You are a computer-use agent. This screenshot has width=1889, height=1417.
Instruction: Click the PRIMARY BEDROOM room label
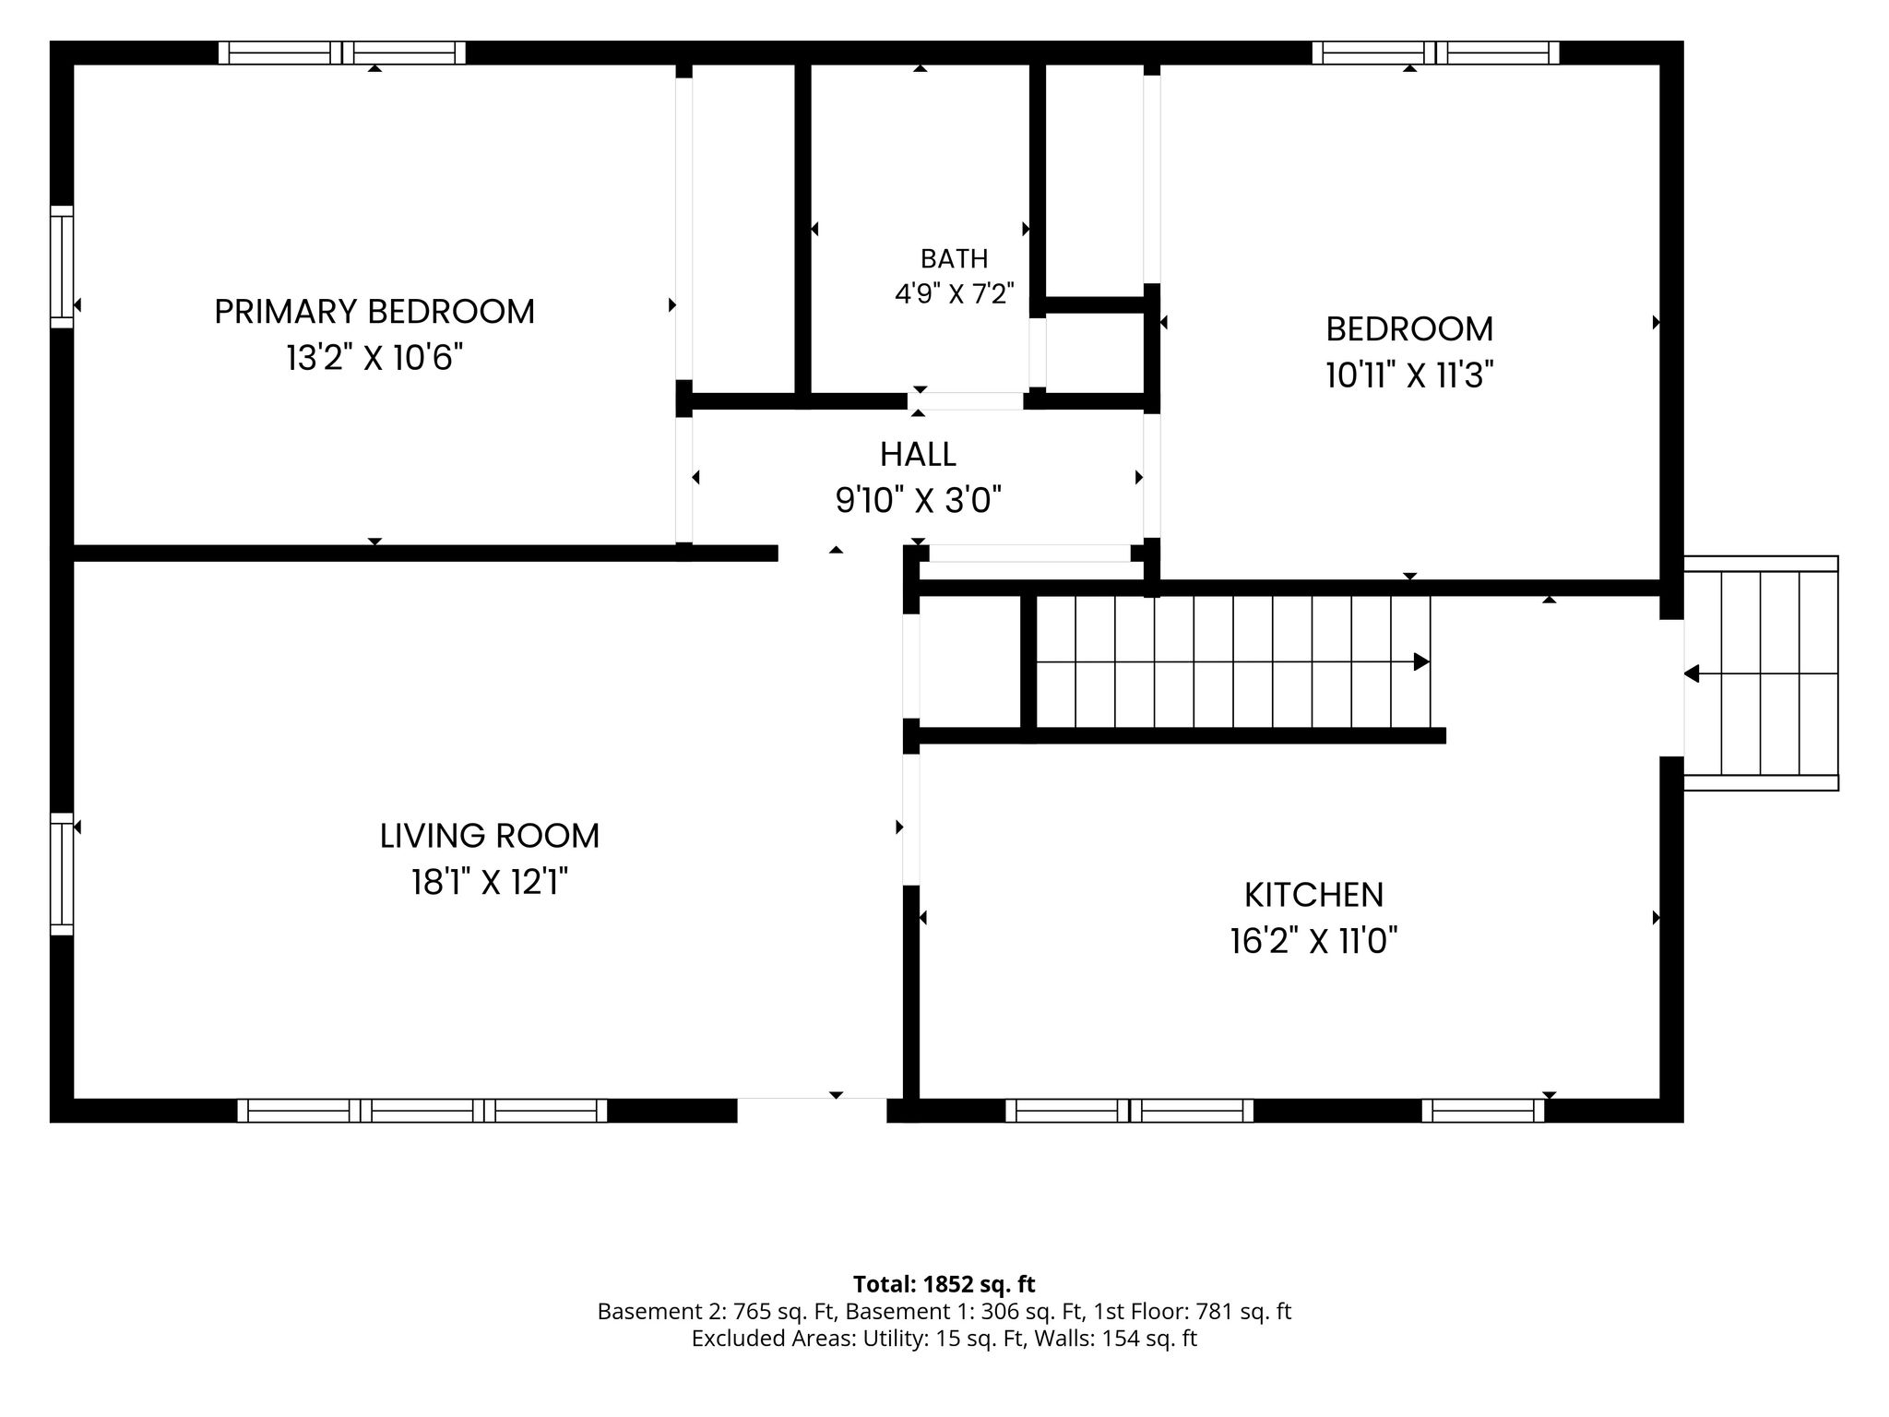(x=374, y=312)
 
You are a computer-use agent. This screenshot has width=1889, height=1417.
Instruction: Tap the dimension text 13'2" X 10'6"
(x=374, y=358)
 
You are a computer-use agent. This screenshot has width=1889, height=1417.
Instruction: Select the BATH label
(x=955, y=258)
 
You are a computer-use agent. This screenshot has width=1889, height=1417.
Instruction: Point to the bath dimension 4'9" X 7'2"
(x=955, y=293)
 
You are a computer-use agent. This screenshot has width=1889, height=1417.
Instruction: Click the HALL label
(x=918, y=454)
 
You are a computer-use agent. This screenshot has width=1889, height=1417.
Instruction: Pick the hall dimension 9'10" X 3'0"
(x=919, y=500)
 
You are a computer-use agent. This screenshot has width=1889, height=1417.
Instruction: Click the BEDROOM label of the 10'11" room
(x=1409, y=329)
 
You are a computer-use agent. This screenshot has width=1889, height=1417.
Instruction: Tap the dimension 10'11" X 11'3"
(x=1409, y=375)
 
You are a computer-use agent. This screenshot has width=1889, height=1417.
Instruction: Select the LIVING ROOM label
(x=490, y=836)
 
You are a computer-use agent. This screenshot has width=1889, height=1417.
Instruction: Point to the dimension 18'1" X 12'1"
(x=490, y=883)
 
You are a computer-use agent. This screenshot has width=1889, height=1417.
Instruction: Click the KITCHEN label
(x=1314, y=895)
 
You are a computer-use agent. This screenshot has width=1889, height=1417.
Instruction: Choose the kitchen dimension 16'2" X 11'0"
(x=1314, y=942)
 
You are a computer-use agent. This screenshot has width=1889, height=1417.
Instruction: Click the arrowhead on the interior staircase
(x=1422, y=662)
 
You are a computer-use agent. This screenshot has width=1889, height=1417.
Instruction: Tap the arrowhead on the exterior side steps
(x=1692, y=673)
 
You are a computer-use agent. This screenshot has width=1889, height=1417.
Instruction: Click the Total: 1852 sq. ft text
(x=944, y=1284)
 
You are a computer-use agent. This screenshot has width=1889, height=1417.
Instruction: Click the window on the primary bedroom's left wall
(x=61, y=267)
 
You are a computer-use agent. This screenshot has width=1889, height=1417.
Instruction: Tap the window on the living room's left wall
(x=61, y=874)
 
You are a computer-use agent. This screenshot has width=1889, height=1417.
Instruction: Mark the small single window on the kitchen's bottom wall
(x=1483, y=1111)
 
